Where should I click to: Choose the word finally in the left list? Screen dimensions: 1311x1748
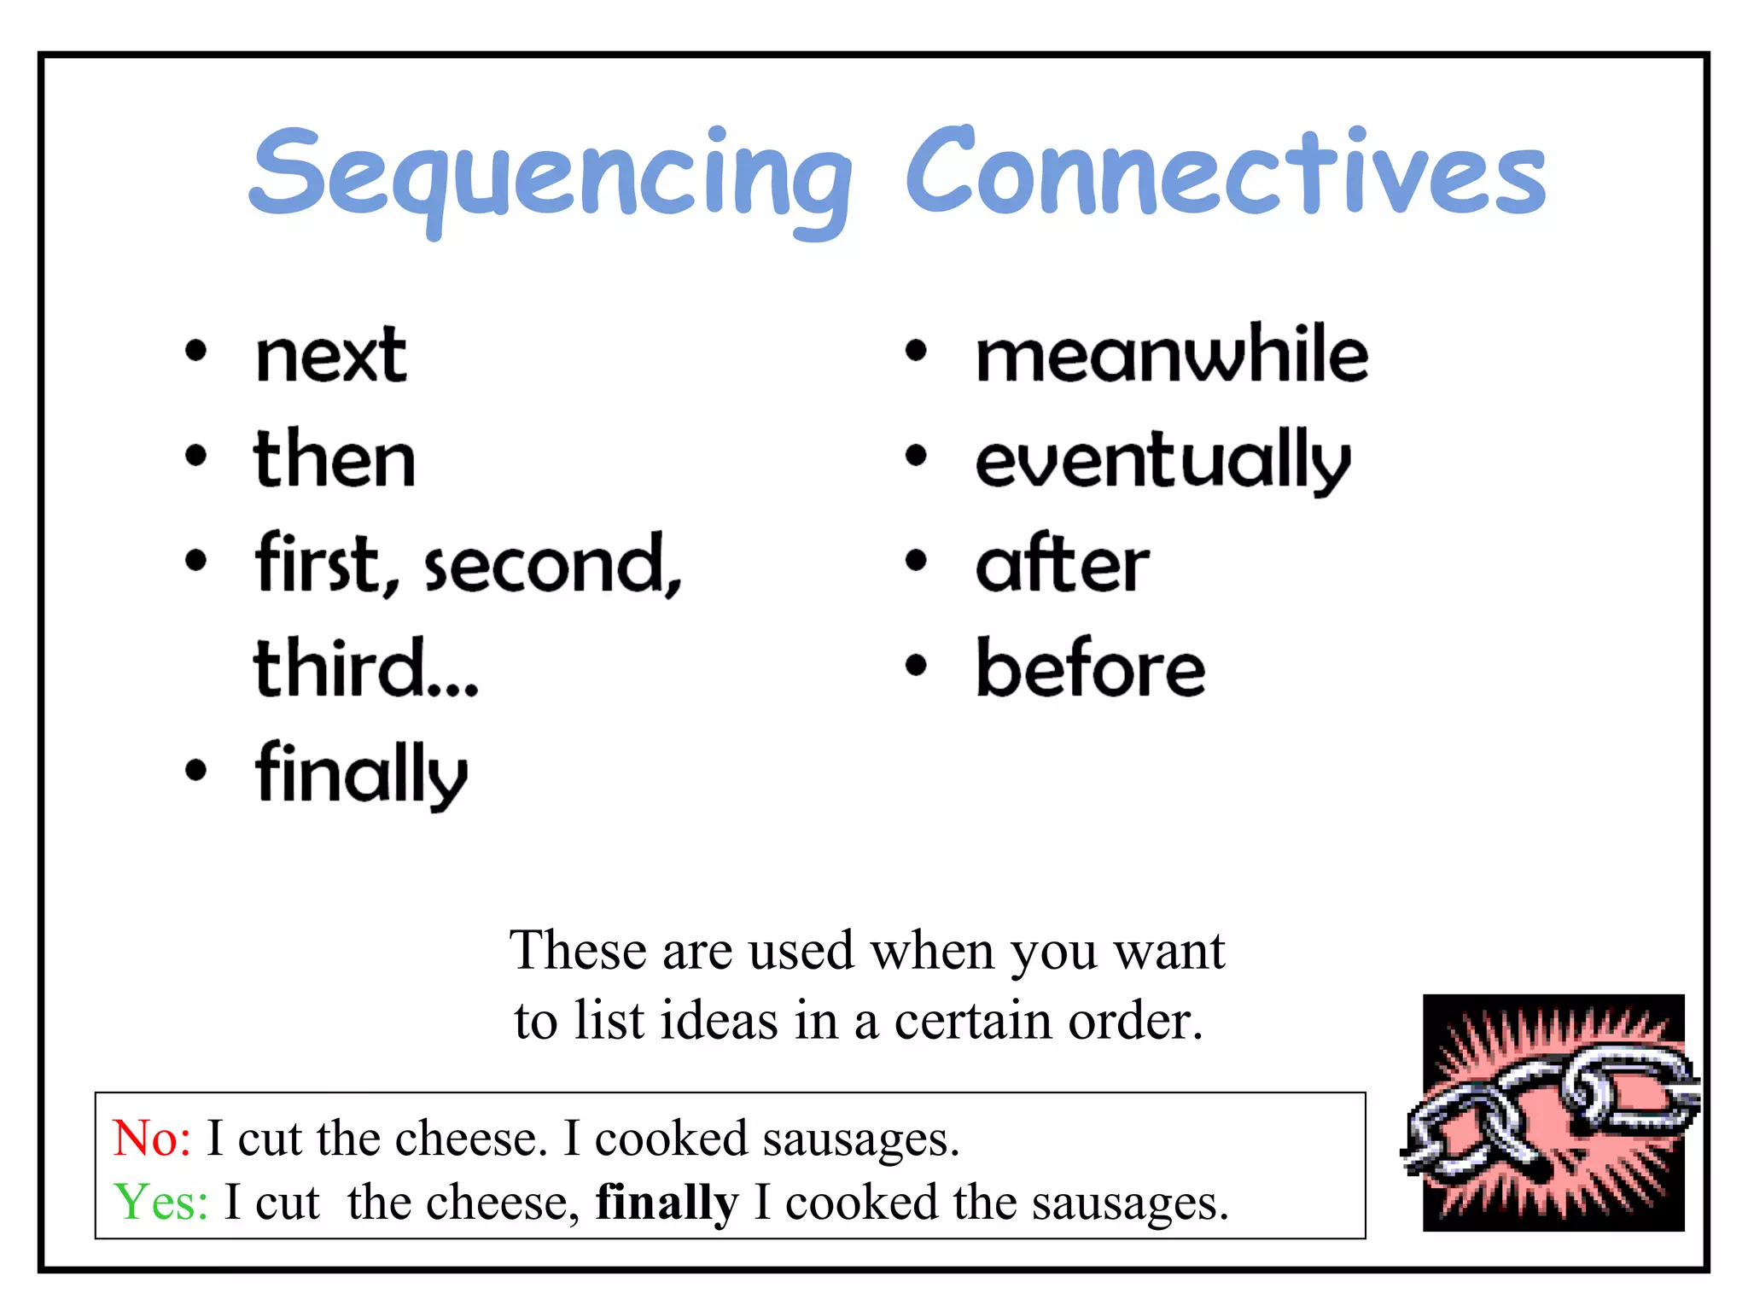pyautogui.click(x=361, y=773)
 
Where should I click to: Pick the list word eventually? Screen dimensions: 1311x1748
pyautogui.click(x=1162, y=461)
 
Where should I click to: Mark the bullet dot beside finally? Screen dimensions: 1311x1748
pyautogui.click(x=196, y=770)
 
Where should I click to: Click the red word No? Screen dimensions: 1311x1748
pyautogui.click(x=152, y=1139)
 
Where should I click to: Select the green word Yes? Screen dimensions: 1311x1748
pyautogui.click(x=160, y=1202)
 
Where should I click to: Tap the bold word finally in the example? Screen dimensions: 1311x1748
pyautogui.click(x=667, y=1203)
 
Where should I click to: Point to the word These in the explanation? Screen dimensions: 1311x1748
pyautogui.click(x=577, y=951)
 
